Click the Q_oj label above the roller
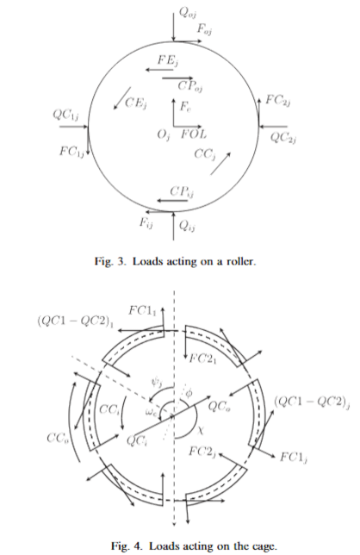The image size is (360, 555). (188, 13)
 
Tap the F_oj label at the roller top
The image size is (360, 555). (204, 29)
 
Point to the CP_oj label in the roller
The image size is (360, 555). (190, 86)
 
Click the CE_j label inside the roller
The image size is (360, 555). (136, 103)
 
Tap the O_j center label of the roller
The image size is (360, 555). (164, 134)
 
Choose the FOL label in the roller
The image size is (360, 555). (194, 134)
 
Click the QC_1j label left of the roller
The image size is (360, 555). (65, 115)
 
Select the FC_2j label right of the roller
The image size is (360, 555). (278, 101)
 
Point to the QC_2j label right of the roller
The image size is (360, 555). (283, 137)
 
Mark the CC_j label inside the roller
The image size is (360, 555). (205, 154)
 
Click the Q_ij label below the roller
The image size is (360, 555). (188, 226)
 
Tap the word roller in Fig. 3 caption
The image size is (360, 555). (239, 262)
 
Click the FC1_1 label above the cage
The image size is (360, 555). (142, 311)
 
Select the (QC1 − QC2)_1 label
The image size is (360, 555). (76, 321)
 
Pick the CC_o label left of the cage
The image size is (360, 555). (58, 438)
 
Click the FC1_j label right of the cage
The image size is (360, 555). (294, 457)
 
